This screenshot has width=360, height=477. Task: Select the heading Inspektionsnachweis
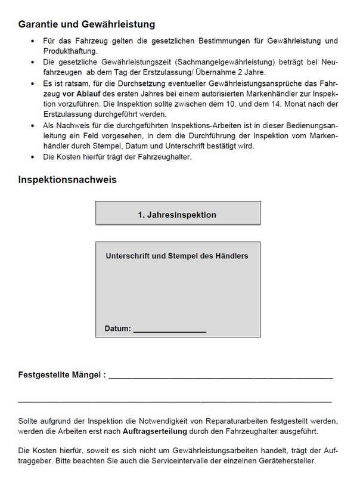tap(71, 179)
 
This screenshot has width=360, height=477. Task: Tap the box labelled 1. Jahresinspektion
tap(177, 214)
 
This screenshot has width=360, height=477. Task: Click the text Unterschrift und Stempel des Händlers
tap(177, 256)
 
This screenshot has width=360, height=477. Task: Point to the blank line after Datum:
tap(169, 329)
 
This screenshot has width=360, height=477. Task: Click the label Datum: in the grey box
tap(117, 329)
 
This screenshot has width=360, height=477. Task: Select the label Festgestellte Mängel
tap(61, 376)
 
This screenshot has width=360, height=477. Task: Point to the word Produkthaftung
tap(72, 51)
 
